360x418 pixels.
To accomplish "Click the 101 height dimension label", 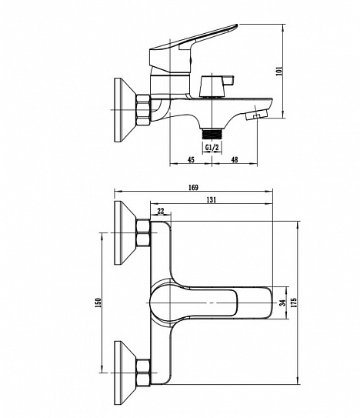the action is click(279, 71).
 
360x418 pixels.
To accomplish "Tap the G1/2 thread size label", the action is click(212, 147).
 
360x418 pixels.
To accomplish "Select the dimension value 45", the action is click(191, 159).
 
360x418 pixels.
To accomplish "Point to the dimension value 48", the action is click(235, 159).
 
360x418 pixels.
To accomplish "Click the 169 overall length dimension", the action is click(193, 187).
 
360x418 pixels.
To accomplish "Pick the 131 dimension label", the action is click(212, 199).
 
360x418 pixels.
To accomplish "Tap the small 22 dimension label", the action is click(161, 211).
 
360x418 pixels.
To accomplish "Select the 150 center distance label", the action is click(98, 303).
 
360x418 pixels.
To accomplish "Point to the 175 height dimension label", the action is click(294, 303).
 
